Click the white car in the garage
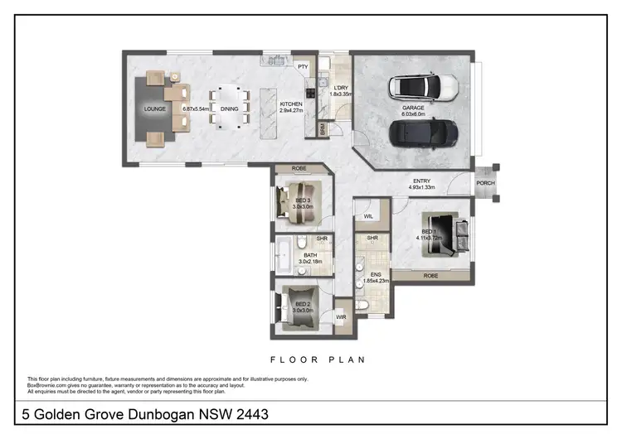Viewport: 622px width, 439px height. pos(423,86)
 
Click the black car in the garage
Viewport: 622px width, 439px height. pos(423,131)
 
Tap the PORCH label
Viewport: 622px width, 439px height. pos(484,184)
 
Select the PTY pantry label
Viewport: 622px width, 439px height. pos(303,66)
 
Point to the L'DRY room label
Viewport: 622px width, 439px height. pos(339,88)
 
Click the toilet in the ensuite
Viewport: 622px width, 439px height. pos(362,305)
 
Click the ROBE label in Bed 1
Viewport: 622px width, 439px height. pos(430,276)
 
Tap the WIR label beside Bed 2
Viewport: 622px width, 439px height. pos(341,317)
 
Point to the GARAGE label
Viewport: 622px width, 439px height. pos(413,108)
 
